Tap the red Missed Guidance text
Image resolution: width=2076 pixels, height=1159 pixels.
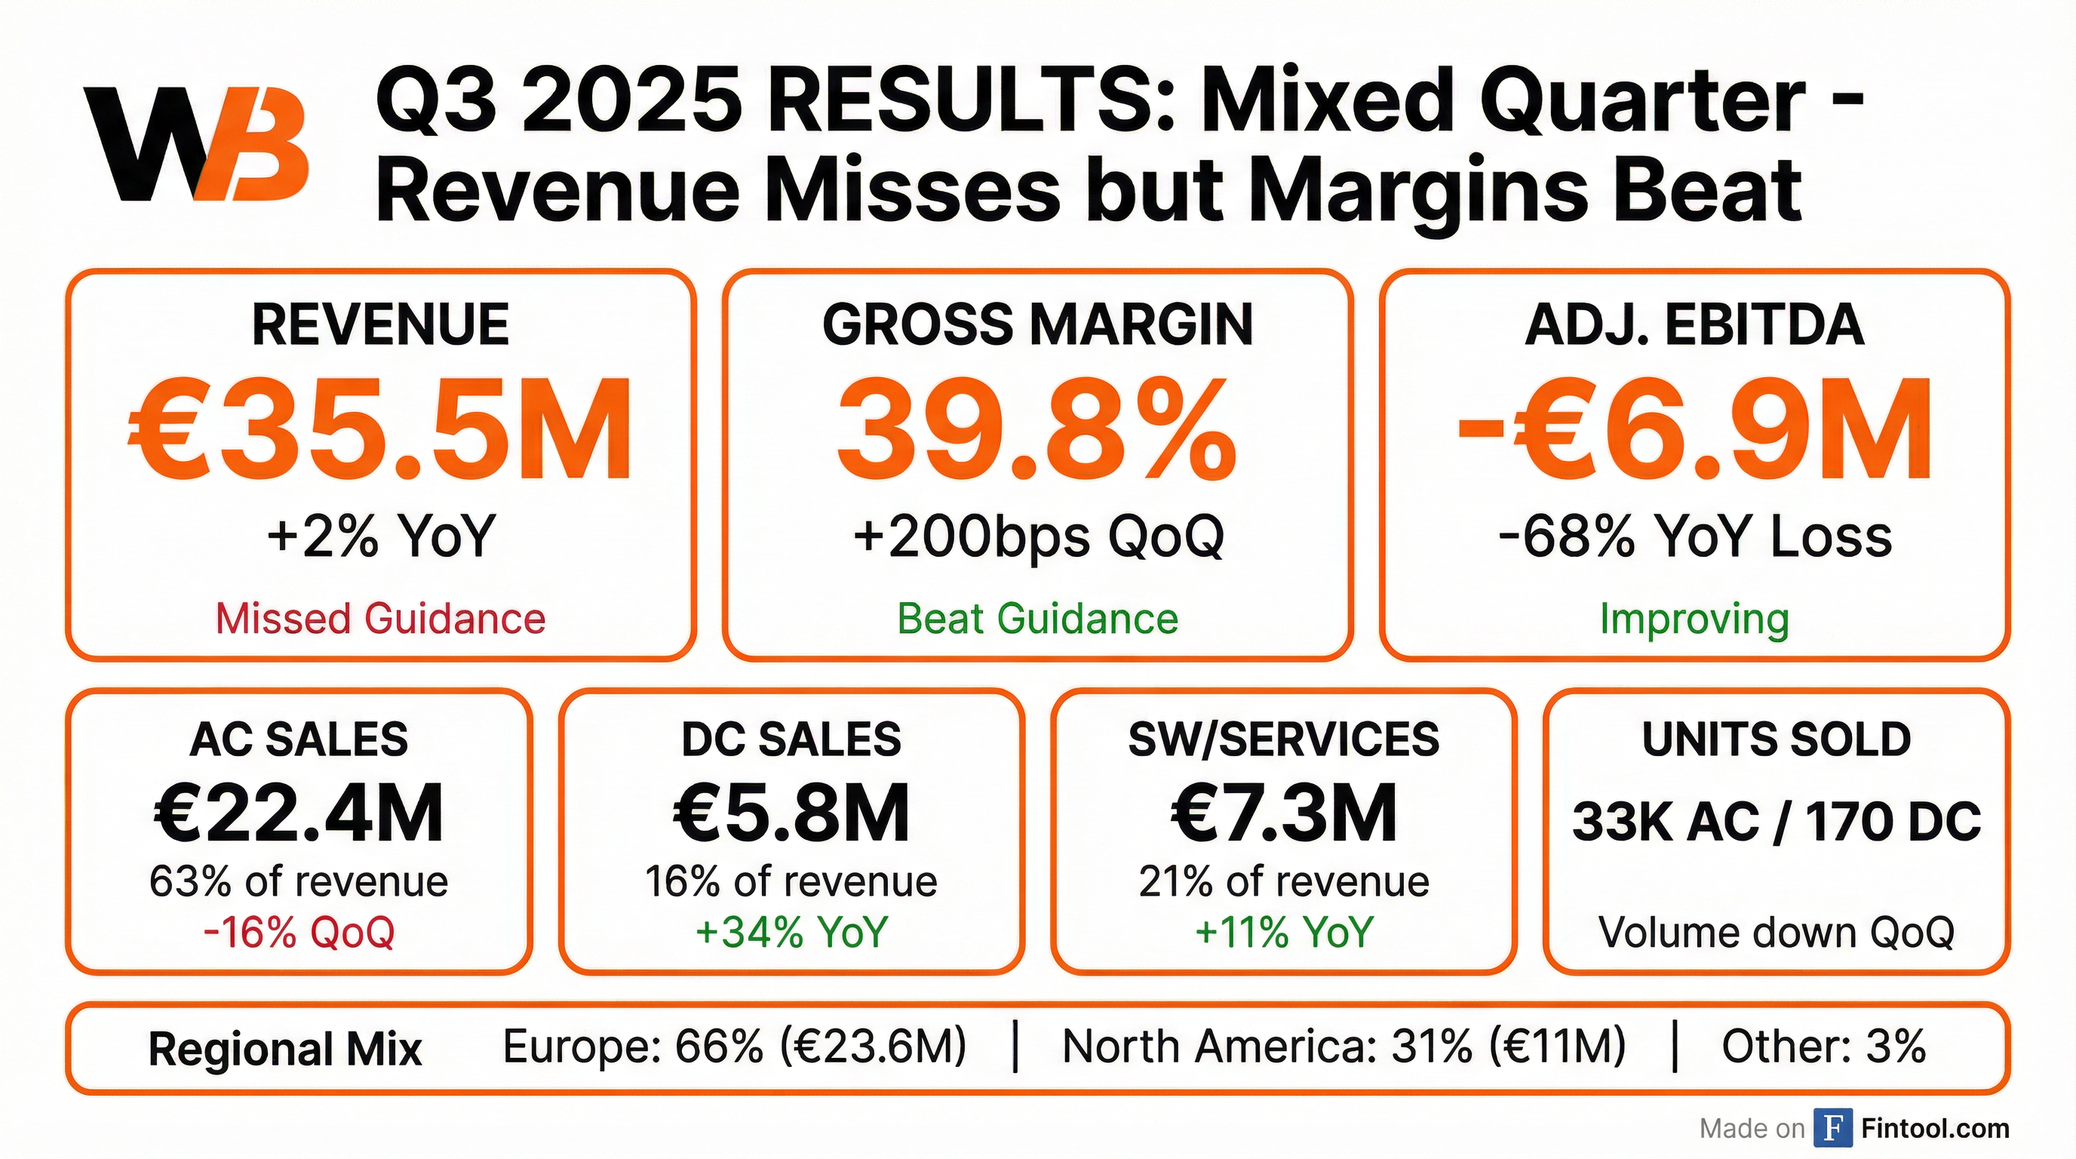[x=380, y=619]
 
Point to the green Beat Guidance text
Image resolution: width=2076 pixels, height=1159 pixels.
[x=1037, y=619]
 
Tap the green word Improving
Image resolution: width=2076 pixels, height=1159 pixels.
[x=1694, y=619]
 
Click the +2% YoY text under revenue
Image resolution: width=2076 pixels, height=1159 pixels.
[x=380, y=536]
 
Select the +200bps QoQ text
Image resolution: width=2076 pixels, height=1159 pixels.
[x=1037, y=536]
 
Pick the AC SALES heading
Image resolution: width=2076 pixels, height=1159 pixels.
[x=299, y=739]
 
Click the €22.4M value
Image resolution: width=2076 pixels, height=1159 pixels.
[x=299, y=813]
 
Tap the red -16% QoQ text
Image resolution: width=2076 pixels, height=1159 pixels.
[x=299, y=933]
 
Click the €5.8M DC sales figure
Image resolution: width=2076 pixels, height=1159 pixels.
[x=791, y=813]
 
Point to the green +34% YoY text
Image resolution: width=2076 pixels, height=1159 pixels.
[x=791, y=933]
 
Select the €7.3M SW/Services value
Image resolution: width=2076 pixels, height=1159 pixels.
[x=1284, y=813]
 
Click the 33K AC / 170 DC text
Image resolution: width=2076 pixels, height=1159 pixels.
[x=1777, y=822]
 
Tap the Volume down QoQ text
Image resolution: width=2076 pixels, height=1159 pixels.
[x=1777, y=933]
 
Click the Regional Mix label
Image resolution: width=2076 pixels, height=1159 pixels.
[x=285, y=1050]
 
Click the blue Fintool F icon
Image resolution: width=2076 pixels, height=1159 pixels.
[x=1832, y=1127]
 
